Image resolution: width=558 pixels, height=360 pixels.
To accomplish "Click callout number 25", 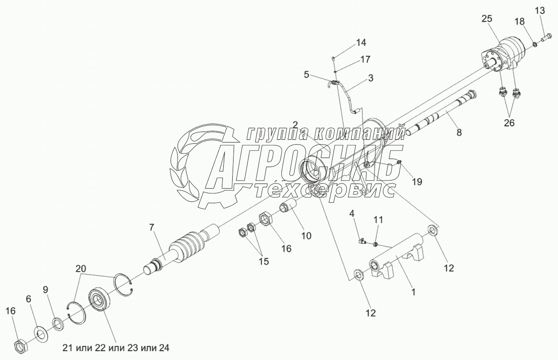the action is click(487, 19).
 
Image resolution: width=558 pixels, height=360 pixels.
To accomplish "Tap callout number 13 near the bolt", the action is click(540, 10).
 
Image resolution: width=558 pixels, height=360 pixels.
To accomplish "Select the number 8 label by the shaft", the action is click(459, 133).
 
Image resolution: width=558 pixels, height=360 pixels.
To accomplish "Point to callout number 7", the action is click(152, 227).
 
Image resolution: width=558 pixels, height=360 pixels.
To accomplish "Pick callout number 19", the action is click(417, 182).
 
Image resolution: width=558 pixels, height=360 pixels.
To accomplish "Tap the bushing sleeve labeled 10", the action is click(288, 209).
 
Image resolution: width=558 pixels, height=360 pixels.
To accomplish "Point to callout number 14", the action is click(361, 43).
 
